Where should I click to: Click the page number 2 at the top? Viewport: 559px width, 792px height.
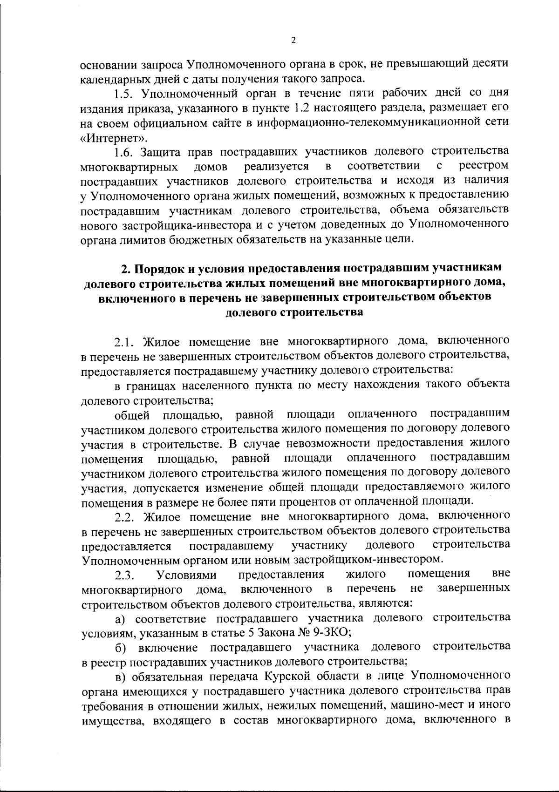click(x=293, y=41)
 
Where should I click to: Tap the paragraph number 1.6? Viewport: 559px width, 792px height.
click(x=125, y=152)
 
